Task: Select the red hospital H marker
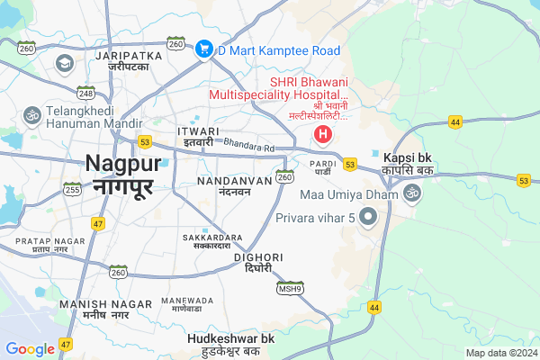click(x=322, y=136)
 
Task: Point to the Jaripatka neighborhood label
click(x=122, y=61)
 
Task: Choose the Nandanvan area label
click(x=233, y=185)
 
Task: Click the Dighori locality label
click(x=258, y=262)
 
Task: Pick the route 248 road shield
click(x=86, y=93)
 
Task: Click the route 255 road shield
click(x=73, y=189)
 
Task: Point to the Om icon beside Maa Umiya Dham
click(x=413, y=193)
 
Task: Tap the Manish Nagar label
click(x=94, y=310)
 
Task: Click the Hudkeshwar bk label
click(x=230, y=343)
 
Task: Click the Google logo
click(x=30, y=349)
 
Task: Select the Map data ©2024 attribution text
click(x=499, y=352)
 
